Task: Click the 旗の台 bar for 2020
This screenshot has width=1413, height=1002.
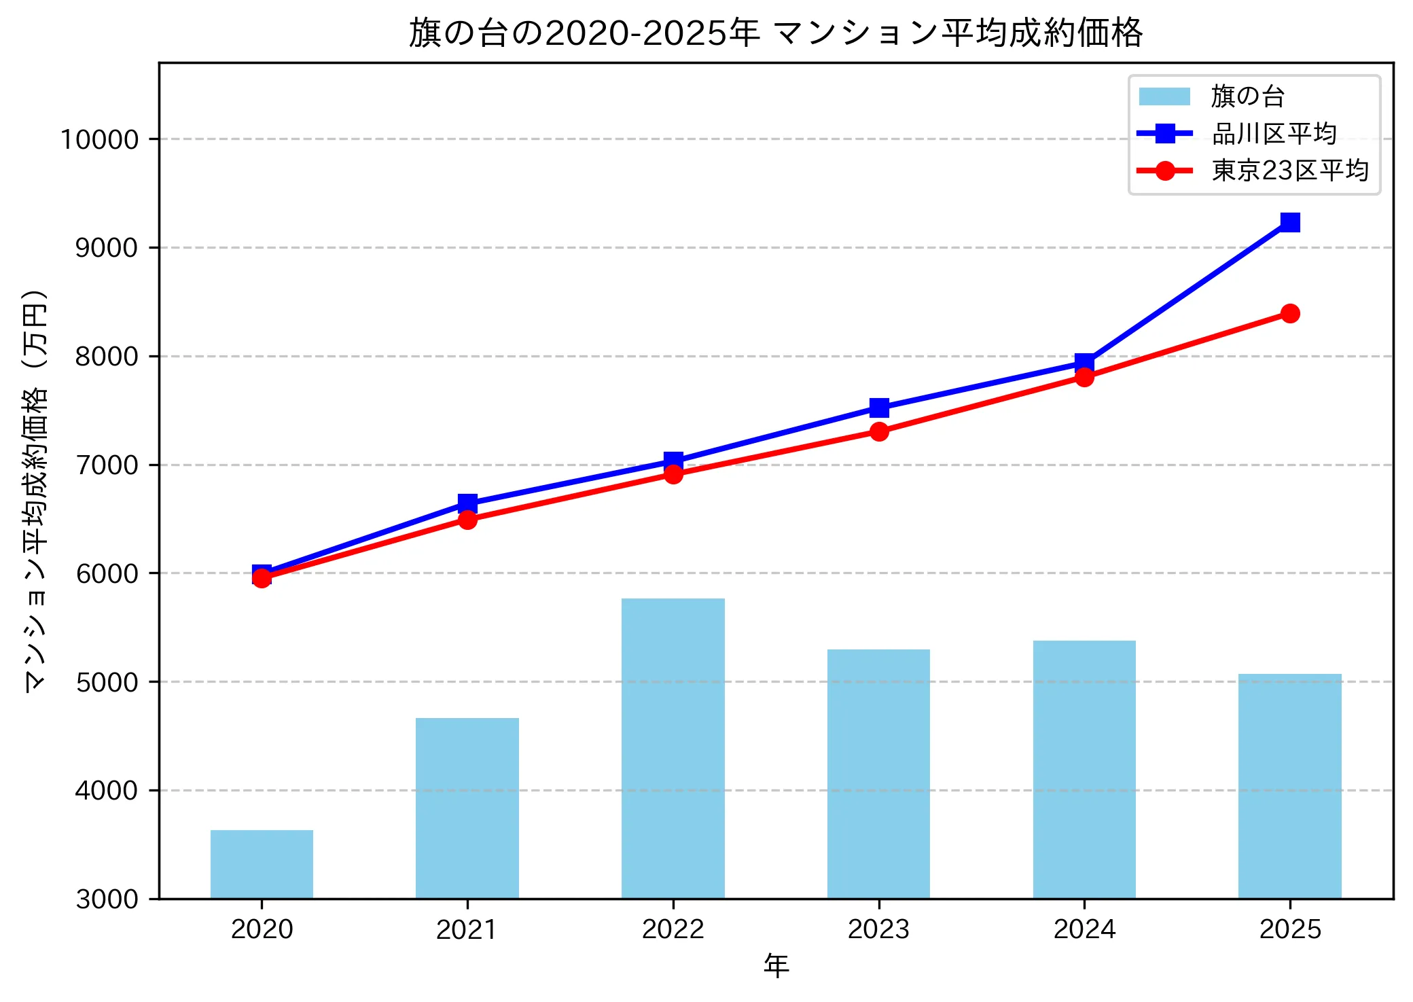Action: pyautogui.click(x=262, y=864)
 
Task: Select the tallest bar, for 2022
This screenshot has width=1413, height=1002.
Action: pyautogui.click(x=673, y=747)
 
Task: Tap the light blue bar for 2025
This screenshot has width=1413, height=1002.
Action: pyautogui.click(x=1289, y=786)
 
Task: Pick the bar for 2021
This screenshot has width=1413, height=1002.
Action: pyautogui.click(x=467, y=808)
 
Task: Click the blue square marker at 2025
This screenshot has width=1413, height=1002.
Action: pyautogui.click(x=1289, y=222)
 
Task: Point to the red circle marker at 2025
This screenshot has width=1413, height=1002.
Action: pyautogui.click(x=1289, y=313)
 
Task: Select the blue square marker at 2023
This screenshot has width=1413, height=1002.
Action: pyautogui.click(x=879, y=408)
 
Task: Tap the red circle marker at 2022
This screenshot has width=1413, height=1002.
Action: pyautogui.click(x=673, y=474)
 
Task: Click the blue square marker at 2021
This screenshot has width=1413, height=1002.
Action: pyautogui.click(x=467, y=503)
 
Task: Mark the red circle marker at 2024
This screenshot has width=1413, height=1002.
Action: pyautogui.click(x=1084, y=377)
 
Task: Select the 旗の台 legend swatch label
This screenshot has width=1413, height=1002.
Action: pyautogui.click(x=1247, y=96)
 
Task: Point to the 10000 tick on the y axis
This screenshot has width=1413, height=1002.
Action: pyautogui.click(x=99, y=139)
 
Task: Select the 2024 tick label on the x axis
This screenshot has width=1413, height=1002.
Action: pyautogui.click(x=1084, y=929)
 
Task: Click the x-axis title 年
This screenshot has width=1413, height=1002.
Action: pyautogui.click(x=776, y=965)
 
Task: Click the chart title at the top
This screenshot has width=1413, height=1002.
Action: pyautogui.click(x=776, y=33)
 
